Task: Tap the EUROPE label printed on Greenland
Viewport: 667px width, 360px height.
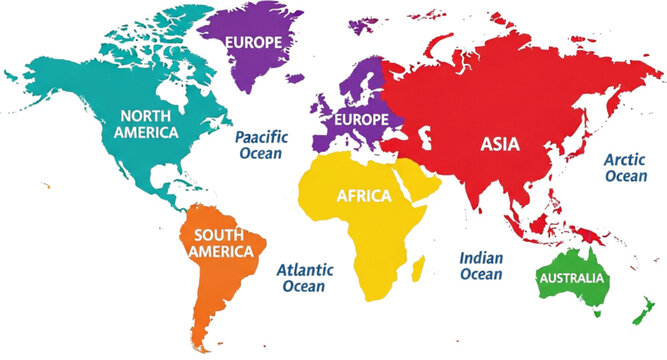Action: [253, 42]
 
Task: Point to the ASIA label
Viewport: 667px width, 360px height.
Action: [500, 144]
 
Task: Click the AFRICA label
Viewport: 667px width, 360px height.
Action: [364, 196]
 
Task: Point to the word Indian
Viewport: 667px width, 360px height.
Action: [481, 257]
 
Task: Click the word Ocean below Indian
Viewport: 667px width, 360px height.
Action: [481, 274]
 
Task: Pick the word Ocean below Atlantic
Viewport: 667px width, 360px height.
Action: [303, 286]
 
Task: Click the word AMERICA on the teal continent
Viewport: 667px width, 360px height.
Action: [146, 132]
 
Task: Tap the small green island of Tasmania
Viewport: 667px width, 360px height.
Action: [597, 313]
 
